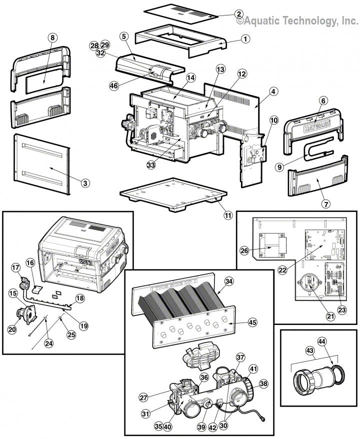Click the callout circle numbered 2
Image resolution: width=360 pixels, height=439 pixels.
(x=239, y=14)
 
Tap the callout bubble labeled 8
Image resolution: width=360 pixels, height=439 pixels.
(x=53, y=37)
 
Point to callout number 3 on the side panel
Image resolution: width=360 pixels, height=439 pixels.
(x=85, y=183)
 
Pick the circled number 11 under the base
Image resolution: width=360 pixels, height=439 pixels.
(x=228, y=215)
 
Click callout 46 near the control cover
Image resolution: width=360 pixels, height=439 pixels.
(x=114, y=85)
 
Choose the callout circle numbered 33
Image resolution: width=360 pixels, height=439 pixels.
(x=151, y=163)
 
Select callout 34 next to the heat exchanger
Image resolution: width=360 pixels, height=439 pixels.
(x=229, y=282)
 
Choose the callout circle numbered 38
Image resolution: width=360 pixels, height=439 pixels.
(x=263, y=383)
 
